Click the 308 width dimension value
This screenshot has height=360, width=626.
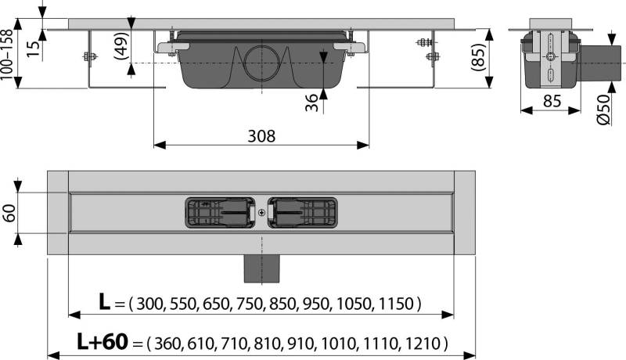point(261,135)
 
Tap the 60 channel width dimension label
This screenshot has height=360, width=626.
point(10,213)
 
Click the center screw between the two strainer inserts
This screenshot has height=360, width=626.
point(261,212)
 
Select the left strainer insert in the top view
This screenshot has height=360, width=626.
point(219,212)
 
